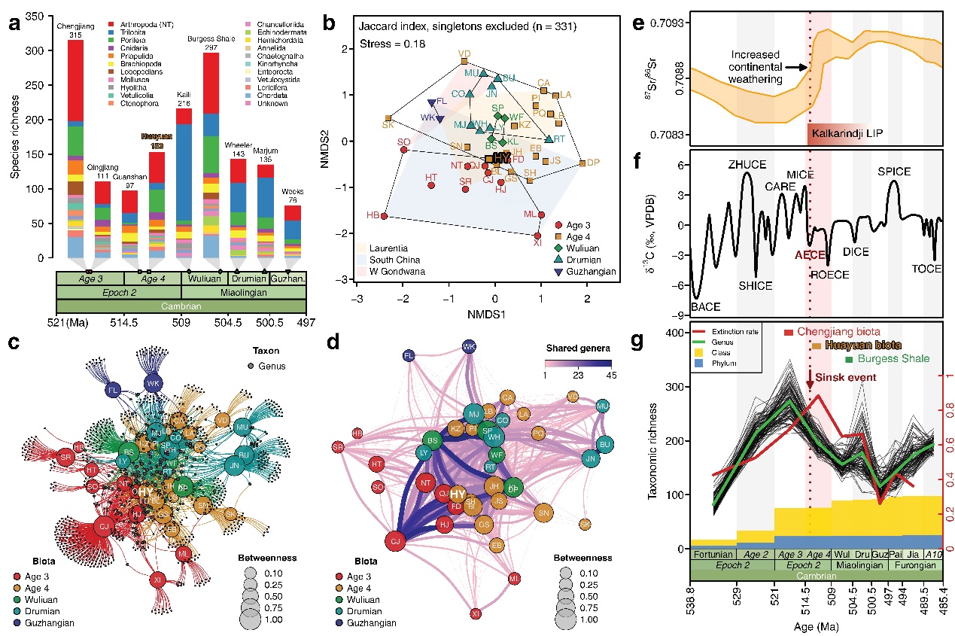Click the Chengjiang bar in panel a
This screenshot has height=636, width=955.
[x=75, y=151]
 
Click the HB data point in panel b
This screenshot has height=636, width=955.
[x=384, y=216]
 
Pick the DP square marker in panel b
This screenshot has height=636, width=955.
[x=582, y=163]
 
